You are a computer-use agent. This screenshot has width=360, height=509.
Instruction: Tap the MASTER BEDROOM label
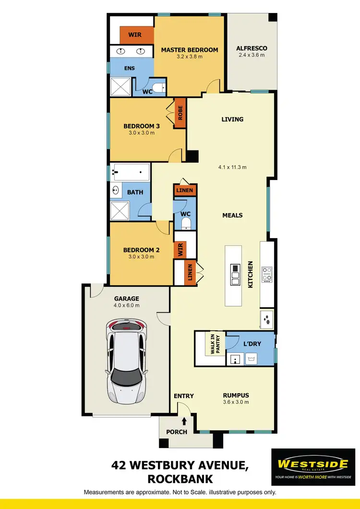[x=189, y=50]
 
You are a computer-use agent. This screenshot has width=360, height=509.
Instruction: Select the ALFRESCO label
[x=252, y=48]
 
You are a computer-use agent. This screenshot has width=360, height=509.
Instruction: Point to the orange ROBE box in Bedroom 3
[x=180, y=116]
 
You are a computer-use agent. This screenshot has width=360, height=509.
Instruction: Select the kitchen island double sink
[x=235, y=275]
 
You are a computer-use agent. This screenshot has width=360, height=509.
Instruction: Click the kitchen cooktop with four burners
[x=267, y=274]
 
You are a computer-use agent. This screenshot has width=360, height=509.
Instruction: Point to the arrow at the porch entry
[x=184, y=421]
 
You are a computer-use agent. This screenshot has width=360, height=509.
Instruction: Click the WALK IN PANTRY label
[x=213, y=344]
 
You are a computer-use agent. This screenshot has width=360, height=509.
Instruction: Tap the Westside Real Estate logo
[x=313, y=467]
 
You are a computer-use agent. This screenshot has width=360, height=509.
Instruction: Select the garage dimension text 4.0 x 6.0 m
[x=126, y=305]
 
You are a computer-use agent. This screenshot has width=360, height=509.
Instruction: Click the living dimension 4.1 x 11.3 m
[x=232, y=167]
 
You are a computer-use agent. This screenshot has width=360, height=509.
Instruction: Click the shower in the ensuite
[x=121, y=87]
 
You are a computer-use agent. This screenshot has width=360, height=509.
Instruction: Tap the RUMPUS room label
[x=236, y=396]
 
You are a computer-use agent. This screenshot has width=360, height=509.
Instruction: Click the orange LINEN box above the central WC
[x=185, y=191]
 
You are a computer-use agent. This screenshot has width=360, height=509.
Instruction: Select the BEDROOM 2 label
[x=141, y=250]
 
